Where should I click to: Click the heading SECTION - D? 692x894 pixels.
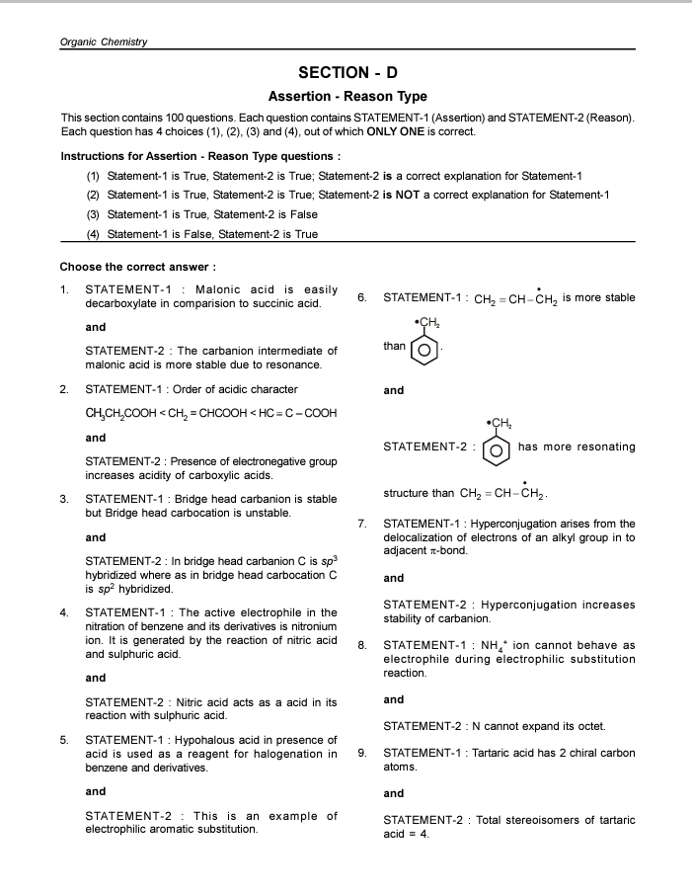[x=347, y=72]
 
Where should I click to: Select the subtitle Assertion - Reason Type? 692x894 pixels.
[x=347, y=97]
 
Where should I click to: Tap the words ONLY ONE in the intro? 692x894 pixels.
[x=394, y=131]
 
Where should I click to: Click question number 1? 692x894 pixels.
[x=64, y=289]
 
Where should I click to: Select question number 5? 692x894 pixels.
[x=64, y=740]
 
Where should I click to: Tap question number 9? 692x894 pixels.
[x=362, y=753]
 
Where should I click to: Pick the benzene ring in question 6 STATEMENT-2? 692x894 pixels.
[x=498, y=449]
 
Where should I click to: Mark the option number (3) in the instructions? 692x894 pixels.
[x=94, y=214]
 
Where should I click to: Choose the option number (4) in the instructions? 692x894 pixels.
[x=94, y=234]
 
